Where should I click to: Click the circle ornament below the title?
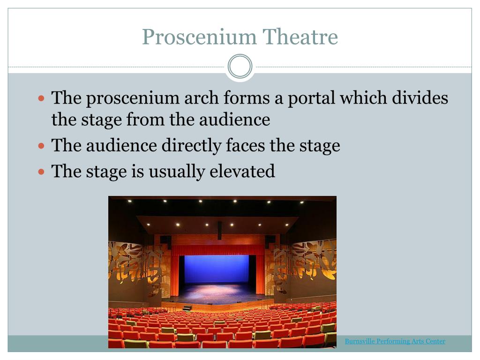240,66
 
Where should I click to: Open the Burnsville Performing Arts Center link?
395,341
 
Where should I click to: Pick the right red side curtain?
260,274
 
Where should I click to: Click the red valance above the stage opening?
218,250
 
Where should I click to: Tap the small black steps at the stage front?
187,307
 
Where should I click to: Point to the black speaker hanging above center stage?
219,230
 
